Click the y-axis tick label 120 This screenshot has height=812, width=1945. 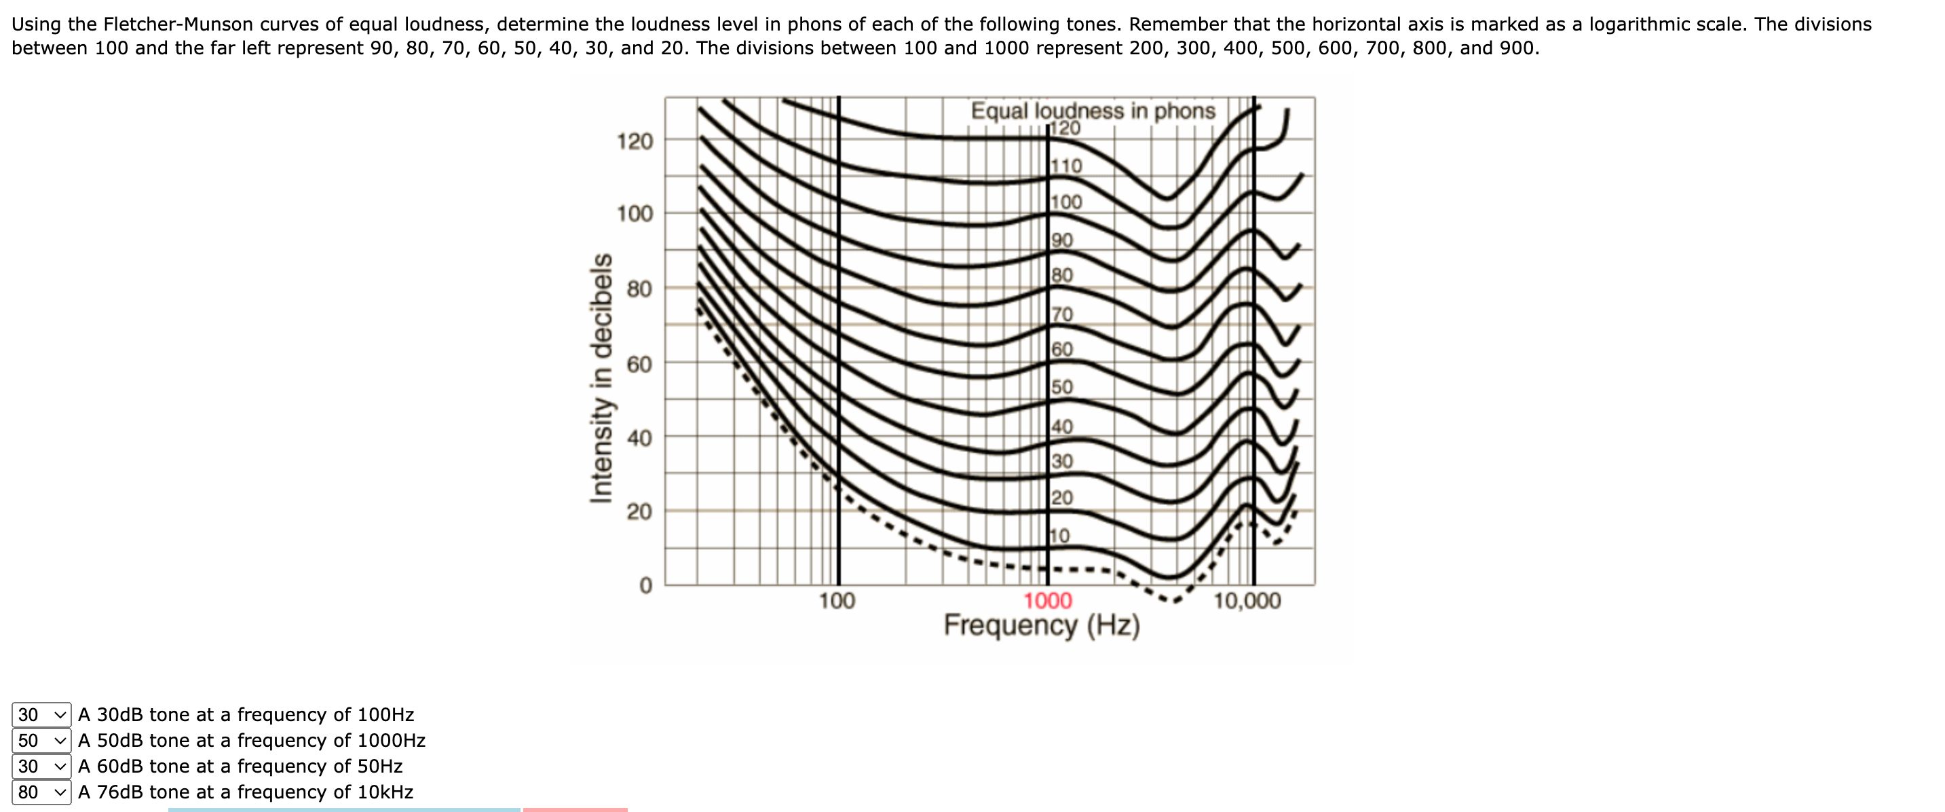pyautogui.click(x=635, y=141)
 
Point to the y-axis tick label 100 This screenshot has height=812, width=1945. pyautogui.click(x=635, y=214)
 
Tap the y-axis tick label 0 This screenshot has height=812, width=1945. pyautogui.click(x=645, y=586)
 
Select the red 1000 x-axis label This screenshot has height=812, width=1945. pyautogui.click(x=1047, y=602)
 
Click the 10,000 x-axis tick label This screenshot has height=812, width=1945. pyautogui.click(x=1247, y=602)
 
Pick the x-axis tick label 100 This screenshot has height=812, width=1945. pyautogui.click(x=837, y=602)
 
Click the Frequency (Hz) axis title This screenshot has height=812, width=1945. pyautogui.click(x=1041, y=626)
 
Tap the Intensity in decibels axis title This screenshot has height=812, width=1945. pyautogui.click(x=601, y=377)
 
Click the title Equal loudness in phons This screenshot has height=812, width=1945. pyautogui.click(x=1093, y=111)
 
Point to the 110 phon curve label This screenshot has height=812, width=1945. pyautogui.click(x=1066, y=166)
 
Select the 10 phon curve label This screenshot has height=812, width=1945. pyautogui.click(x=1060, y=536)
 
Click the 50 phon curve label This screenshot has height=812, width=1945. pyautogui.click(x=1061, y=387)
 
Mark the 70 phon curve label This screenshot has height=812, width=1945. pyautogui.click(x=1061, y=314)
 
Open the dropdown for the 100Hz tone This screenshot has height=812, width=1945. pyautogui.click(x=41, y=714)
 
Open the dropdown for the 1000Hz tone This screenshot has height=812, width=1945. pyautogui.click(x=41, y=740)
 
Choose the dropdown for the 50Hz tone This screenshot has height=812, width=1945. pyautogui.click(x=41, y=766)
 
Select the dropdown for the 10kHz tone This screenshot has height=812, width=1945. pyautogui.click(x=41, y=792)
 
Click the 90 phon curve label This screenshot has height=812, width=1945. pyautogui.click(x=1061, y=240)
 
